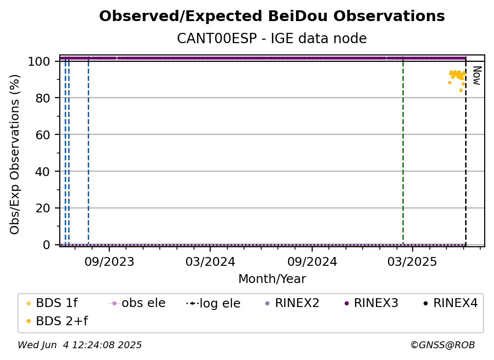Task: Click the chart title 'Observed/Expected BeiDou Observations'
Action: (272, 16)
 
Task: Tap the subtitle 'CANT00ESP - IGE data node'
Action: (272, 38)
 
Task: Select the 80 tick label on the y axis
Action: (43, 98)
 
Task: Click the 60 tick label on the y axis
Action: (43, 135)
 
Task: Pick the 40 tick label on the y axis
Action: (43, 172)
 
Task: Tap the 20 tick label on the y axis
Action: (43, 208)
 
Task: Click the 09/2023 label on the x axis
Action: (109, 261)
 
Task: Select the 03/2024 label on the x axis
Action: (210, 261)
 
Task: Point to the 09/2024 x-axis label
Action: (312, 261)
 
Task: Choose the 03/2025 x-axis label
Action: (412, 261)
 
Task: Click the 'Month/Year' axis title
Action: (272, 279)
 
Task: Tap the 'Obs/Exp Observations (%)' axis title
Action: (15, 154)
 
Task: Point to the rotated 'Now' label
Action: (477, 76)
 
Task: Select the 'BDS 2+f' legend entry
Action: (57, 321)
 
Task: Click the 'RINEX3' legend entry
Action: (371, 303)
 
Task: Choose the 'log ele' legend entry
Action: (213, 303)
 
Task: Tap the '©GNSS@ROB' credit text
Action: (443, 345)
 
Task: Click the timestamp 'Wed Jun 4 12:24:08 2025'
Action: (80, 345)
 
